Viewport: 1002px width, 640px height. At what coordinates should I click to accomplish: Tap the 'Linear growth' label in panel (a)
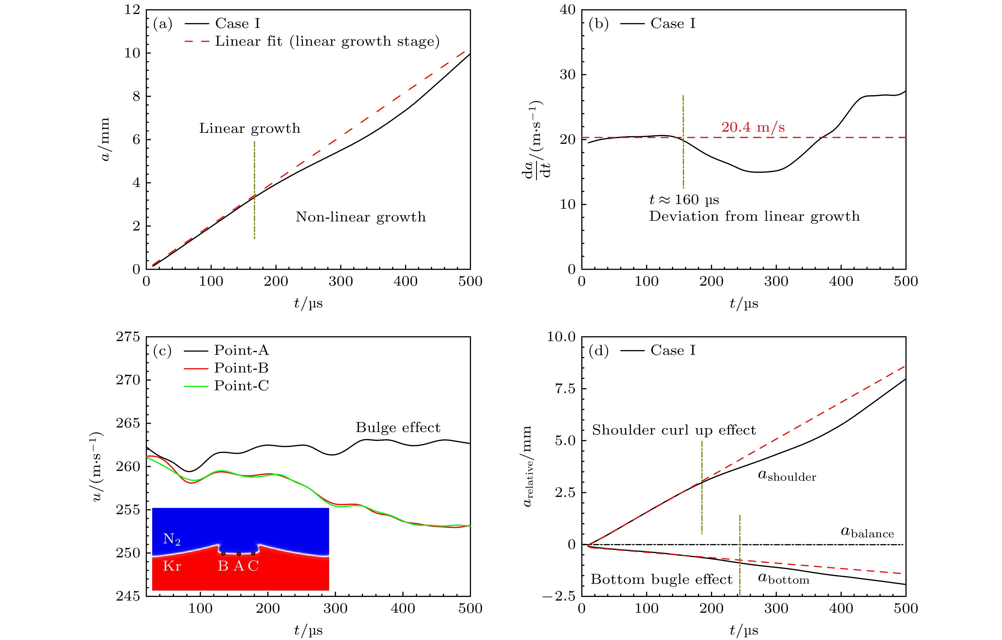coord(250,128)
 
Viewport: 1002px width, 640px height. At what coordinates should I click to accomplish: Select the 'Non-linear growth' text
coord(361,217)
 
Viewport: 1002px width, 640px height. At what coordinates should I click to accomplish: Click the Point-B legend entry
coord(241,368)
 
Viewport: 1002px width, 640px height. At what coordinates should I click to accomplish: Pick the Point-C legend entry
coord(241,386)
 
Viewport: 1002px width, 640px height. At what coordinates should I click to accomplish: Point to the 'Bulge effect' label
coord(398,428)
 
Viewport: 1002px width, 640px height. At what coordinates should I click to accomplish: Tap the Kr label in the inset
coord(172,566)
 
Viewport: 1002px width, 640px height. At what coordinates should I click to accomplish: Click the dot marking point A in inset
coord(239,554)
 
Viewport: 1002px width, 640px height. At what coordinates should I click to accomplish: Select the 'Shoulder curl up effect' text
coord(674,430)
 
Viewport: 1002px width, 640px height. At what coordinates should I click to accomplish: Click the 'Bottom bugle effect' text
coord(661,580)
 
